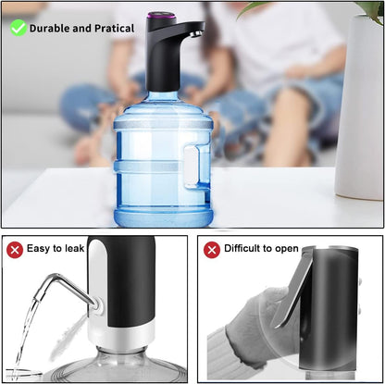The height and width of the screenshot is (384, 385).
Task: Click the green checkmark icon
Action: [18, 28]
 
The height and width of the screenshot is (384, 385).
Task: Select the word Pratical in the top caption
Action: [122, 28]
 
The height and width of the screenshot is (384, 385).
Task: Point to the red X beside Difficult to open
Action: [212, 249]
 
